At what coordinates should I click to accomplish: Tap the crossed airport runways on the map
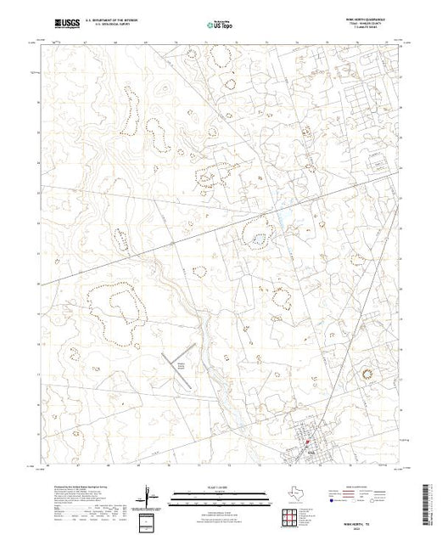point(178,357)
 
